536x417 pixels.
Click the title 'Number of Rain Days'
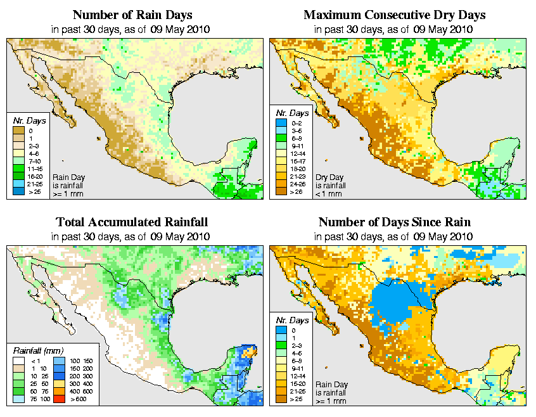coord(131,15)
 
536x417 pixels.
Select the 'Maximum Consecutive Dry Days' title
coord(394,15)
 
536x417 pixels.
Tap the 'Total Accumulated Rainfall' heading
coord(131,222)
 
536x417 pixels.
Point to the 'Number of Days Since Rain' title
coord(394,222)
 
